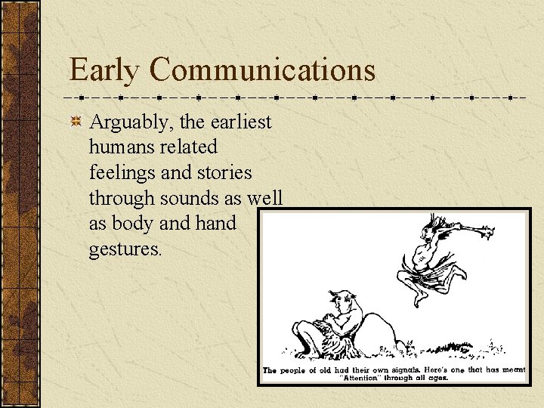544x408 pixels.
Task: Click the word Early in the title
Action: [x=105, y=70]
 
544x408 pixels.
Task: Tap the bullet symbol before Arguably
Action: [x=76, y=122]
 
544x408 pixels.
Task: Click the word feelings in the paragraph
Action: [x=122, y=172]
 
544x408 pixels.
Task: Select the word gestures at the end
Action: [x=125, y=249]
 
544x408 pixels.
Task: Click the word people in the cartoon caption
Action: [x=297, y=370]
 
